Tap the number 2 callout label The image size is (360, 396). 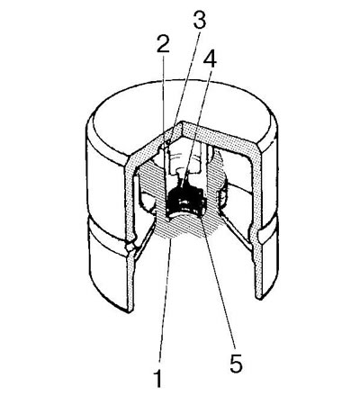[163, 45]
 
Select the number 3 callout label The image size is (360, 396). [199, 20]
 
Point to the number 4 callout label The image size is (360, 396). [210, 59]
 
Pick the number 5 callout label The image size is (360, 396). [236, 364]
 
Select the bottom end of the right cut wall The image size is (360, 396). [258, 297]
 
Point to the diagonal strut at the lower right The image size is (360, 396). [236, 231]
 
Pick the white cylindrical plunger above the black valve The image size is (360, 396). [184, 162]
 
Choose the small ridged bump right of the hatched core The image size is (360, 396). [223, 198]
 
